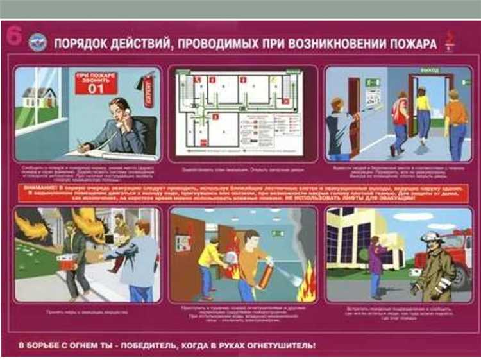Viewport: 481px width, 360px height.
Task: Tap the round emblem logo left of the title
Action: click(37, 43)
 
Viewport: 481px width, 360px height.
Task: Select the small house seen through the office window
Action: click(40, 98)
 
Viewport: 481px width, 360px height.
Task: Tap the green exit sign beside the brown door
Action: click(373, 82)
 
